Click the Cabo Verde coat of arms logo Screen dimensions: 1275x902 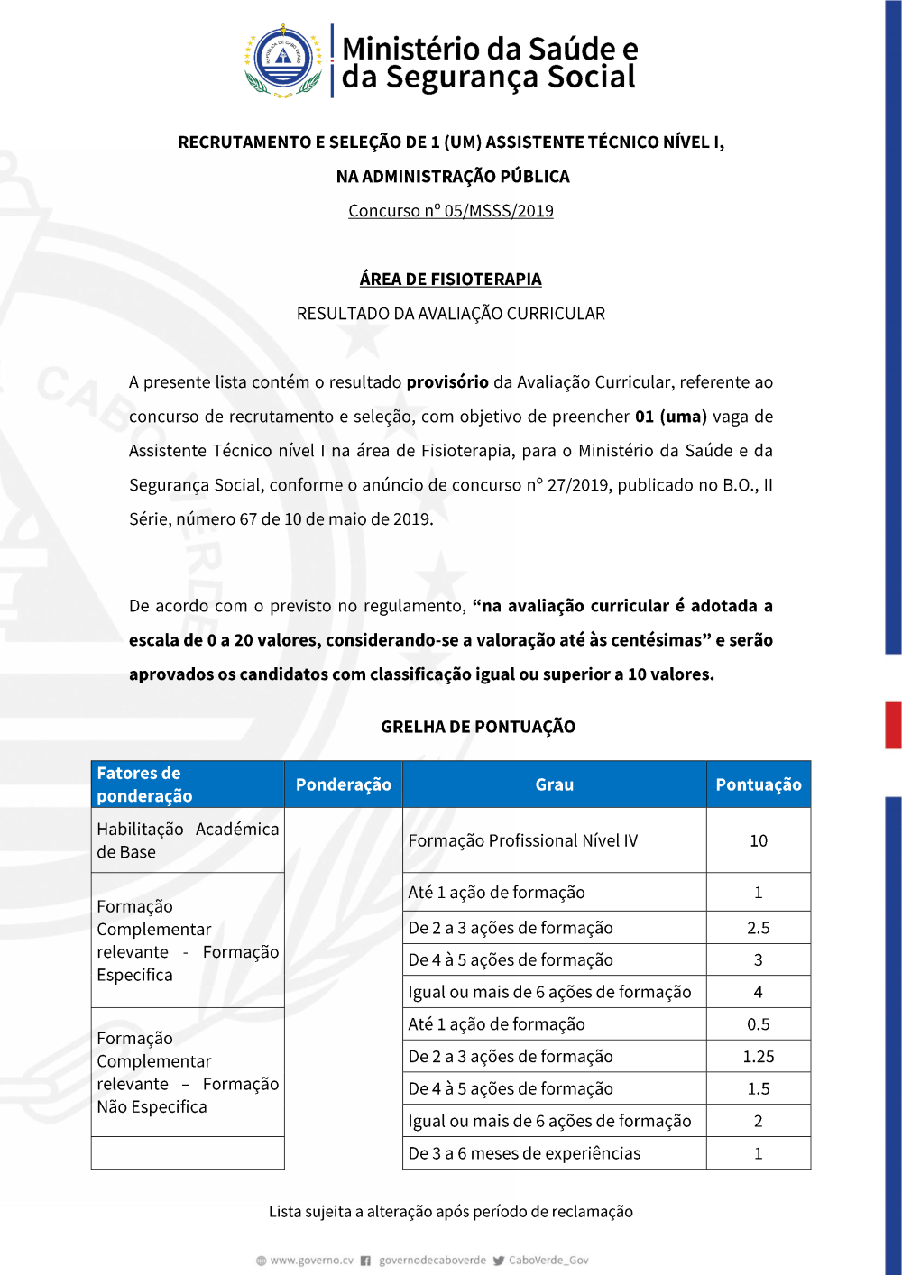[x=283, y=60]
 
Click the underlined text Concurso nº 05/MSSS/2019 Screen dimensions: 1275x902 [x=451, y=211]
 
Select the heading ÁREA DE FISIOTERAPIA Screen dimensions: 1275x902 [x=451, y=280]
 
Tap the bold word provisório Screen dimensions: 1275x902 [x=447, y=382]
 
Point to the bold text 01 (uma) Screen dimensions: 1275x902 [x=671, y=417]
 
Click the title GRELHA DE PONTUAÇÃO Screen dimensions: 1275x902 [x=478, y=727]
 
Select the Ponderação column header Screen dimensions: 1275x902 [x=344, y=784]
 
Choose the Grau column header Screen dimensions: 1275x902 [x=554, y=784]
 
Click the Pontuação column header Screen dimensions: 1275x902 [x=759, y=784]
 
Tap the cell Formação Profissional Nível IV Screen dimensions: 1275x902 [x=523, y=840]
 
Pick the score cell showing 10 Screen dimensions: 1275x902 [x=759, y=840]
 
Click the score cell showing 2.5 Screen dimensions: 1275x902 [x=759, y=928]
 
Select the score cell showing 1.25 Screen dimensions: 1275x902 [x=759, y=1057]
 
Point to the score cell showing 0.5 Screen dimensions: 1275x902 [x=759, y=1024]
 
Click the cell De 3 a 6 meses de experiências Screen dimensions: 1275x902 [x=524, y=1153]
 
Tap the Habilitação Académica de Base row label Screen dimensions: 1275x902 [x=188, y=840]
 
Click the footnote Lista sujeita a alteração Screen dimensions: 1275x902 [x=451, y=1212]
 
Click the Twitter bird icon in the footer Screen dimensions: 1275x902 [x=499, y=1261]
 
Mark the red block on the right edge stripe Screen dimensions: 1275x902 [x=893, y=725]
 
